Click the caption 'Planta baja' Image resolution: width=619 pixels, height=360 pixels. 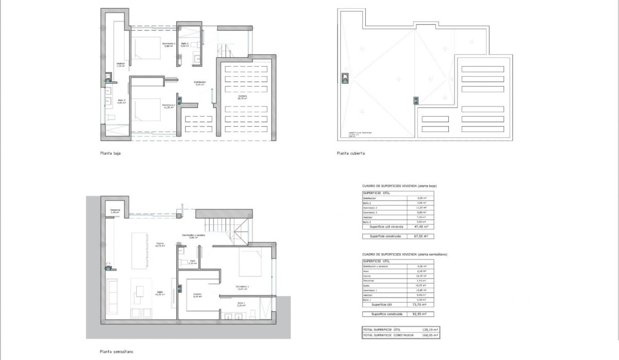pos(110,153)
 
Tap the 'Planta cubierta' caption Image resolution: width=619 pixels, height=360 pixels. pos(351,153)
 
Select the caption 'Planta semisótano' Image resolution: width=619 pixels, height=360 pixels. pos(117,351)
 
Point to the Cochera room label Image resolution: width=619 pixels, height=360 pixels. pos(242,96)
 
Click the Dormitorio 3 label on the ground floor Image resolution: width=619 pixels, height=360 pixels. pos(169,44)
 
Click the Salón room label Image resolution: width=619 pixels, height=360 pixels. pos(160,293)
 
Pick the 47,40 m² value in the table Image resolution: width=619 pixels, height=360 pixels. pos(426,226)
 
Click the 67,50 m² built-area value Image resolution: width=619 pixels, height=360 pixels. pos(426,236)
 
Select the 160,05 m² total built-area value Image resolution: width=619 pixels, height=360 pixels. pos(429,335)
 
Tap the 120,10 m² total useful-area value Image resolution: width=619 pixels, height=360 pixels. pos(429,330)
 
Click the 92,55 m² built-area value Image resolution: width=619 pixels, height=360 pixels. pos(426,314)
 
